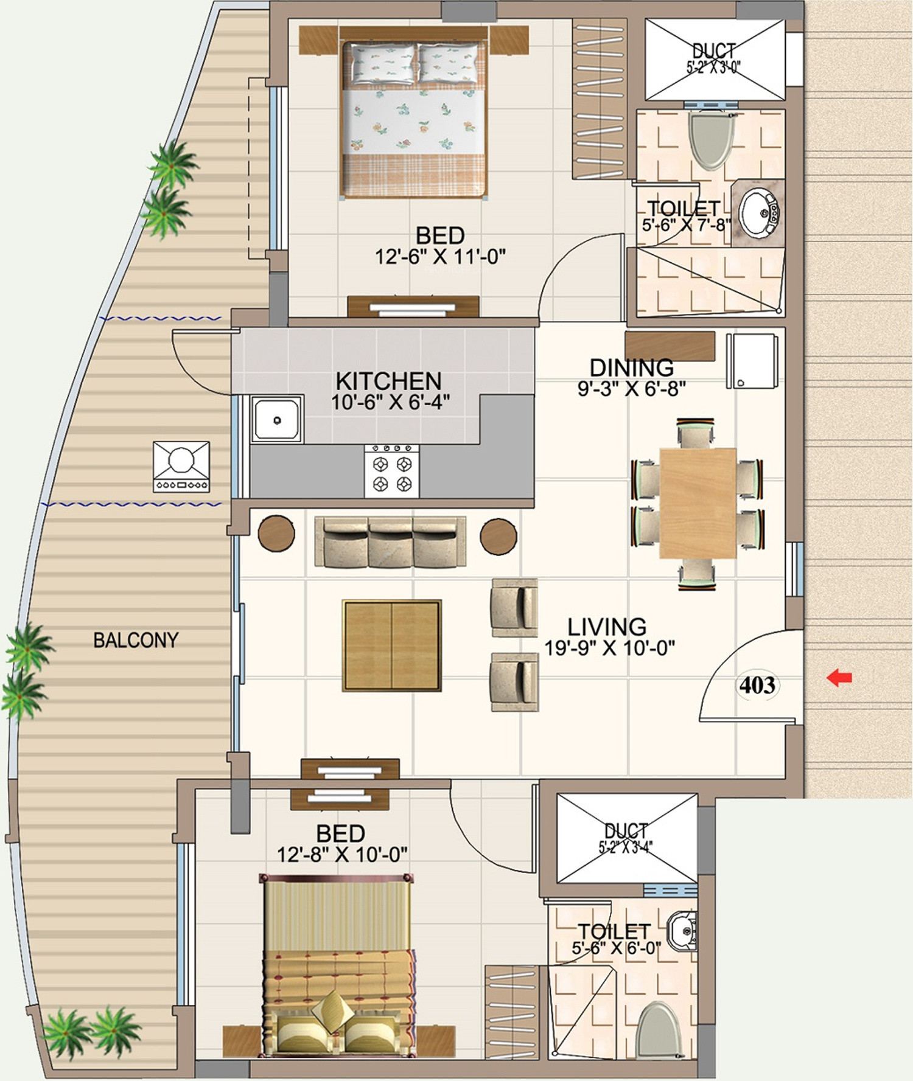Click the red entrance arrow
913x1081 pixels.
(x=839, y=677)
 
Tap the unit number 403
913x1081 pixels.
(x=757, y=685)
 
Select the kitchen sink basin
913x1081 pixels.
(x=278, y=419)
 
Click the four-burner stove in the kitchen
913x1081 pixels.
(x=392, y=471)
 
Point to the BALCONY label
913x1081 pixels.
(x=136, y=640)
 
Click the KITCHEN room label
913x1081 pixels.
(x=388, y=381)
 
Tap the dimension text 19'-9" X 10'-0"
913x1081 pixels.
(x=610, y=648)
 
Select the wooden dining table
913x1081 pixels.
(x=698, y=503)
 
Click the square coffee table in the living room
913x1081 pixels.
(x=392, y=645)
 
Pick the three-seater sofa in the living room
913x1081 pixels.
(x=390, y=542)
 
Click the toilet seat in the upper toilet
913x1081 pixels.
(x=709, y=141)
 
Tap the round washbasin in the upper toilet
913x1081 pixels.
(x=758, y=212)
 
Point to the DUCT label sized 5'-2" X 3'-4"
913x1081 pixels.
(x=626, y=838)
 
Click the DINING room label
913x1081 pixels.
(x=632, y=367)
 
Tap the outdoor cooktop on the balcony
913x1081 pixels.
(x=181, y=467)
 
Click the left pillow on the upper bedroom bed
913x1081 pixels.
(x=383, y=63)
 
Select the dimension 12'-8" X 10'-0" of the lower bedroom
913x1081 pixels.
(x=342, y=855)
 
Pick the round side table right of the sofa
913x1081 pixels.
(x=498, y=536)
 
